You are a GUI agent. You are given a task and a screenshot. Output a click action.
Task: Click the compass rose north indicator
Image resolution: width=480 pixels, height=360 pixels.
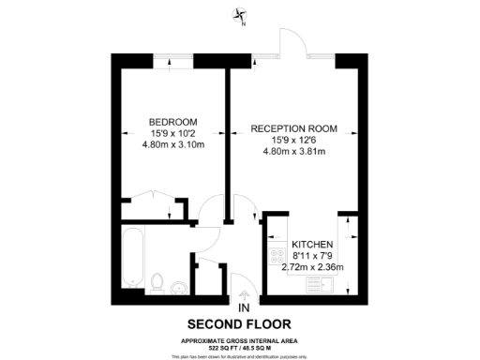point(242,16)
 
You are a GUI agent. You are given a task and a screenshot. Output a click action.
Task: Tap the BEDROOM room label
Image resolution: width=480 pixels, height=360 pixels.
point(173,122)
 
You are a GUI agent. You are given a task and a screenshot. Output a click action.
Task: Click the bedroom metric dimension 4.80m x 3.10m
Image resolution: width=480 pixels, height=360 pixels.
point(173,145)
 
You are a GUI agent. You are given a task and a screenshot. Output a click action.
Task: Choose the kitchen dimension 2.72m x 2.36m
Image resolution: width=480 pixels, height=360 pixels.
point(313,266)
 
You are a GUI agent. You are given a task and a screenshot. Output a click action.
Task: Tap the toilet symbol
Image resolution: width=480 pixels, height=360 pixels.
point(158,280)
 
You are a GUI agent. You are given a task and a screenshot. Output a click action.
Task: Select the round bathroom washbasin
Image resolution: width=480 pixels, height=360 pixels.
point(178,288)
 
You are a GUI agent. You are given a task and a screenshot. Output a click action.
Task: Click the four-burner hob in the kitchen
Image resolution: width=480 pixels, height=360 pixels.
point(278,256)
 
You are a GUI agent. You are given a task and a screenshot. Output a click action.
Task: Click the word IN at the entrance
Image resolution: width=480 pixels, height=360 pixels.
point(244,307)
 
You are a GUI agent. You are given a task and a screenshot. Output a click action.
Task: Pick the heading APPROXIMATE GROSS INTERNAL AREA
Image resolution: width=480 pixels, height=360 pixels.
point(240,339)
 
